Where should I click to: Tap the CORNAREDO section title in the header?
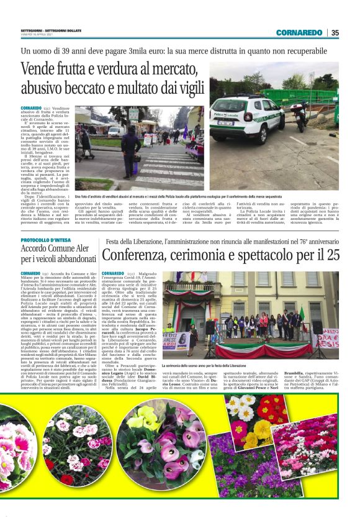[x=299, y=32]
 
